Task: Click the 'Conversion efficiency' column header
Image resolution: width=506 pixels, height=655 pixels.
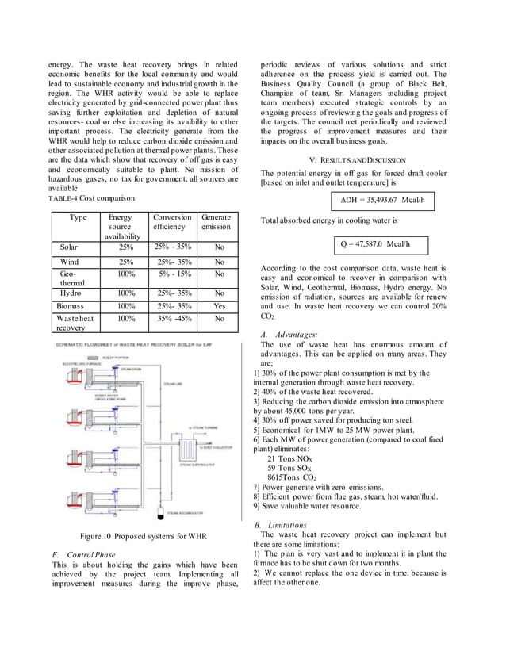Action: pyautogui.click(x=171, y=221)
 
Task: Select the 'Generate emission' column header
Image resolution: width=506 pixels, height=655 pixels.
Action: pyautogui.click(x=216, y=221)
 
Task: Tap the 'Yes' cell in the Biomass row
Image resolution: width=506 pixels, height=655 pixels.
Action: pyautogui.click(x=219, y=305)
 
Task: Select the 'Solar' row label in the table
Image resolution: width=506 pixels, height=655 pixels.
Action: pyautogui.click(x=70, y=247)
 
